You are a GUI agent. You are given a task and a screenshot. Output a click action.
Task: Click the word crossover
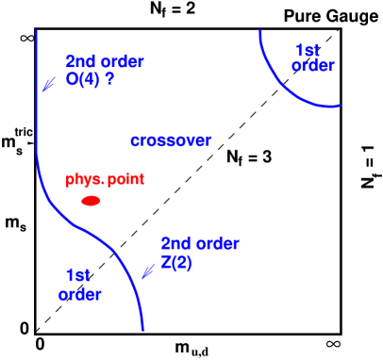[171, 140]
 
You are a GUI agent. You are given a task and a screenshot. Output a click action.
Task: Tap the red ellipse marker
[92, 201]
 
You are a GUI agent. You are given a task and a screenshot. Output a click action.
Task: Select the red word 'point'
[126, 179]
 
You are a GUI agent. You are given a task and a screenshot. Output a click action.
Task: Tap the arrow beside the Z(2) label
[147, 270]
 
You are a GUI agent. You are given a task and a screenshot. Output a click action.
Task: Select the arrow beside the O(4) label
[48, 85]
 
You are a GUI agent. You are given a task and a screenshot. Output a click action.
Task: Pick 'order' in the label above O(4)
[122, 61]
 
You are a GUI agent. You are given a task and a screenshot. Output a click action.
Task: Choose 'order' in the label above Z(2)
[218, 244]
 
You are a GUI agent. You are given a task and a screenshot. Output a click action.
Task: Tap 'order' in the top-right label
[313, 66]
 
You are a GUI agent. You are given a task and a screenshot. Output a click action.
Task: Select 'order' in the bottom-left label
[80, 295]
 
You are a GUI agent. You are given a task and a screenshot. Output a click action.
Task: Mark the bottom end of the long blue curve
[142, 330]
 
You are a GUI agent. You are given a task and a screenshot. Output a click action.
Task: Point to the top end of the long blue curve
[36, 30]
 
